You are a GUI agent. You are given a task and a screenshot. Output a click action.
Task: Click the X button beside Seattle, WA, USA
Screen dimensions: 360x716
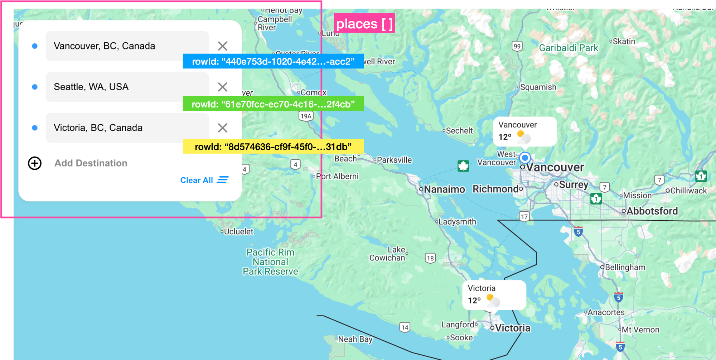pos(223,87)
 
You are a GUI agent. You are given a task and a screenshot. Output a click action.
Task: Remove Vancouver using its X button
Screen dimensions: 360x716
pos(223,46)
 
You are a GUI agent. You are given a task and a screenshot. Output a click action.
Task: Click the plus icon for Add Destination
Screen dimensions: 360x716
pos(35,163)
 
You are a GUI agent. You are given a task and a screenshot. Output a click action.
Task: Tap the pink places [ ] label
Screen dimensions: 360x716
pos(364,24)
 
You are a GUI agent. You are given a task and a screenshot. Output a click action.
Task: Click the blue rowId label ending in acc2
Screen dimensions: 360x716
pos(273,61)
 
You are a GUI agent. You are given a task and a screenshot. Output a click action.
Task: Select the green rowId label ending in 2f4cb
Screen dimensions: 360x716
pos(273,104)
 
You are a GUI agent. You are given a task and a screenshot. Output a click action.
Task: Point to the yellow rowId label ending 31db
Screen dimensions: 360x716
pos(273,147)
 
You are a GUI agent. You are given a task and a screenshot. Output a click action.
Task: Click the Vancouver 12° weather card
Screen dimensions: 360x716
pos(524,131)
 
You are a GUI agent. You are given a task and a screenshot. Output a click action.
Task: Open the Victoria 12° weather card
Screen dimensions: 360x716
pos(494,295)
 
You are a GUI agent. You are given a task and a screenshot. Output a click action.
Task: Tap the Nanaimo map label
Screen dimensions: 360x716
pos(444,189)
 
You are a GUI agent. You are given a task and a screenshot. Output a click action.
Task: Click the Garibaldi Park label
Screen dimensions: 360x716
pos(569,48)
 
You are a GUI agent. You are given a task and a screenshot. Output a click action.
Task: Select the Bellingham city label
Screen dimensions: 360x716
pos(625,268)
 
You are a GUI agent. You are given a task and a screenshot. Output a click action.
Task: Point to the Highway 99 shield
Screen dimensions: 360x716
pos(517,46)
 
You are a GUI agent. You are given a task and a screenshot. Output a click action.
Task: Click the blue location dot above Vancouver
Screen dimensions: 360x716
pos(525,158)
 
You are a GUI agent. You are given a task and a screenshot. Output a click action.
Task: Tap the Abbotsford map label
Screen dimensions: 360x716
pos(652,211)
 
